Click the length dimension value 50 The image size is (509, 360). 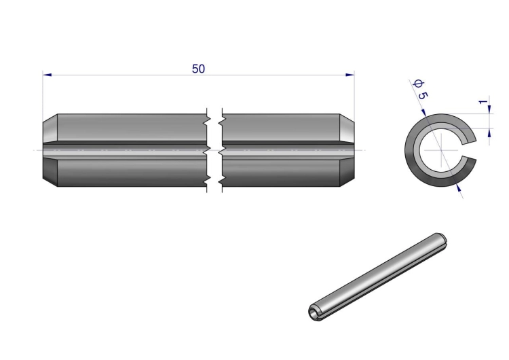198,69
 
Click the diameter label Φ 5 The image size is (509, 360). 420,90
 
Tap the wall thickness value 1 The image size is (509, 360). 483,102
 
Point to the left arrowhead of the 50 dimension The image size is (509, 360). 47,75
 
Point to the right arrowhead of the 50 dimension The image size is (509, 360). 350,75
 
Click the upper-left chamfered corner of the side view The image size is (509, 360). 50,118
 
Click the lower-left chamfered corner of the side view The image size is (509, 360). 50,182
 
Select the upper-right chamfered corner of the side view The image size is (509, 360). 347,118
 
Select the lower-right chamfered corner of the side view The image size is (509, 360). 347,182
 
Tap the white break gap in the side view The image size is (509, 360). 214,150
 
